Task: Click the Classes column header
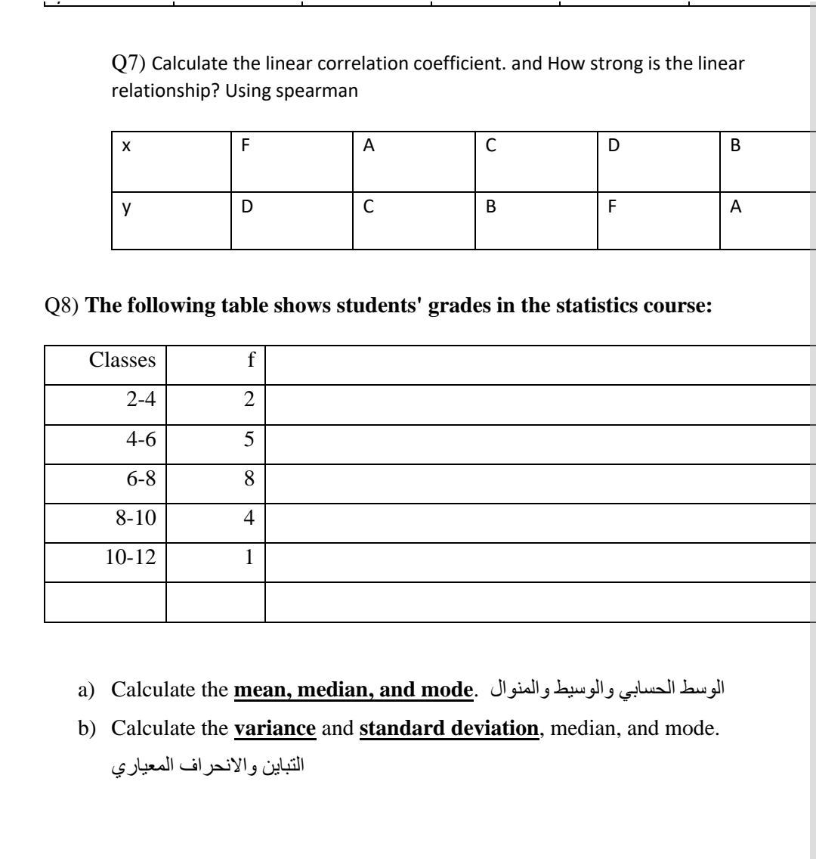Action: [122, 361]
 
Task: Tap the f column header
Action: [250, 361]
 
